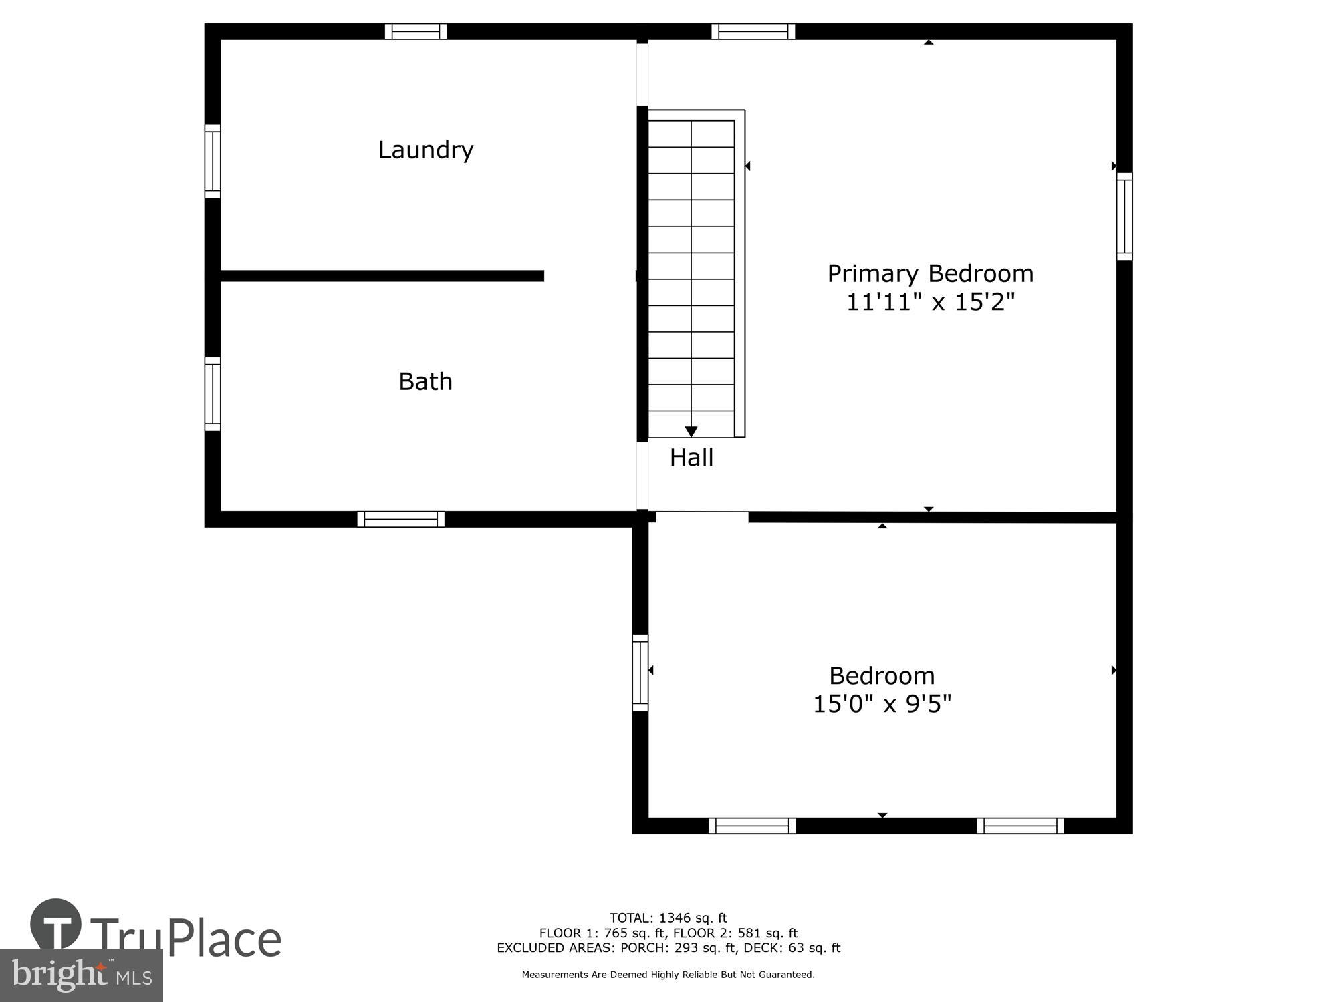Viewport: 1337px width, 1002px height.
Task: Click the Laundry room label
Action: point(426,150)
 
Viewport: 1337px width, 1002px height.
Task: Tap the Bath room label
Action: point(425,381)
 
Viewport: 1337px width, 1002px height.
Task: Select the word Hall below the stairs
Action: point(691,458)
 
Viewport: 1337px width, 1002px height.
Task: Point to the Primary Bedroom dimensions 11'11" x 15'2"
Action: point(930,302)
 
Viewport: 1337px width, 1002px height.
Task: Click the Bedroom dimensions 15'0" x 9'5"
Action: point(882,704)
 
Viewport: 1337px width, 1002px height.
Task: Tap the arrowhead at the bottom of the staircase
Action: point(691,432)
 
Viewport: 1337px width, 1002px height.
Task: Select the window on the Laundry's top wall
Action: point(416,31)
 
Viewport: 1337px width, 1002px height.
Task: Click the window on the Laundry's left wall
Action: point(213,161)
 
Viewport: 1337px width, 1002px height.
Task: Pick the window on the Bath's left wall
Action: point(213,394)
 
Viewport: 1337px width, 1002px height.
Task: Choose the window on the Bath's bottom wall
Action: point(400,519)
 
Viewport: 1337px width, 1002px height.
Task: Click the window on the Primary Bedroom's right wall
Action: point(1124,216)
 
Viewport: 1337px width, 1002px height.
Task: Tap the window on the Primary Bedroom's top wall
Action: point(753,31)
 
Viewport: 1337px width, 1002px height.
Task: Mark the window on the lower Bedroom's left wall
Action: point(640,672)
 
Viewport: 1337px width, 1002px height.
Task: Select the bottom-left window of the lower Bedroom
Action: point(752,826)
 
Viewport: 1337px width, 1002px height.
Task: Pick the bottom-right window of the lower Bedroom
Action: point(1020,826)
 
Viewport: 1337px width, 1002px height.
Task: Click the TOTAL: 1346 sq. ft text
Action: point(668,918)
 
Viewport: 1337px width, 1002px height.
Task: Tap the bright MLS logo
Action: point(81,975)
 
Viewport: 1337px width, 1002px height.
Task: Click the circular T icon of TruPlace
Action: point(56,924)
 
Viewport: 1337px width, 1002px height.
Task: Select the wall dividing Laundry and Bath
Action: point(382,276)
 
